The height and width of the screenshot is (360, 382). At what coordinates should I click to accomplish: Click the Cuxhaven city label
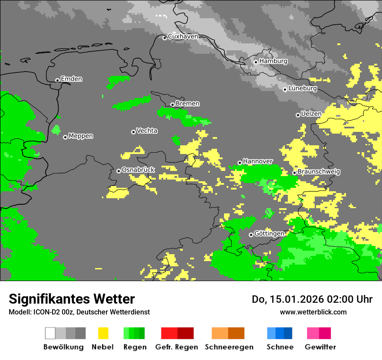pyautogui.click(x=183, y=37)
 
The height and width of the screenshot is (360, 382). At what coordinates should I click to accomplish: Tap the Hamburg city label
pyautogui.click(x=273, y=61)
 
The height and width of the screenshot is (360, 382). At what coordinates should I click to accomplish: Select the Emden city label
pyautogui.click(x=71, y=79)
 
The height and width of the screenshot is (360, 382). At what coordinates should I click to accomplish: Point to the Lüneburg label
pyautogui.click(x=302, y=88)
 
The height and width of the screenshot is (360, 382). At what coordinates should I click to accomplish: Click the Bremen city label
pyautogui.click(x=188, y=104)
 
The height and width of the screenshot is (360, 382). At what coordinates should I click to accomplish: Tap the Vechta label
pyautogui.click(x=147, y=131)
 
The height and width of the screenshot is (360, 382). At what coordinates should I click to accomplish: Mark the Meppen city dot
pyautogui.click(x=65, y=137)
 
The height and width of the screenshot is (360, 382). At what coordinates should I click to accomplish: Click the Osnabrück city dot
pyautogui.click(x=119, y=171)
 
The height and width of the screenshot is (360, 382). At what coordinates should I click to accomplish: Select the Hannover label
pyautogui.click(x=257, y=161)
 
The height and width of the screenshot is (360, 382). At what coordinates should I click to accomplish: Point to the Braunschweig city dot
pyautogui.click(x=294, y=173)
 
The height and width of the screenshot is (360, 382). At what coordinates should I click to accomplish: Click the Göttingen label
pyautogui.click(x=269, y=234)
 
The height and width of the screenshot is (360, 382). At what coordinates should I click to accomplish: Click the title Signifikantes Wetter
pyautogui.click(x=72, y=299)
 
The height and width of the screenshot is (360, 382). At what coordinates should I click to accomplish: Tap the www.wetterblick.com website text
pyautogui.click(x=313, y=312)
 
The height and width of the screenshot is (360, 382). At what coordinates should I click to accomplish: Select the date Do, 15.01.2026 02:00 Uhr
pyautogui.click(x=312, y=299)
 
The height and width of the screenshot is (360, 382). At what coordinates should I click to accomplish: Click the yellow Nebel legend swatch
pyautogui.click(x=103, y=333)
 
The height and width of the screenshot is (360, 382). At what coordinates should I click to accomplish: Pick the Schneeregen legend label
pyautogui.click(x=229, y=347)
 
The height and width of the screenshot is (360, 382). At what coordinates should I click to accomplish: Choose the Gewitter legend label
pyautogui.click(x=320, y=347)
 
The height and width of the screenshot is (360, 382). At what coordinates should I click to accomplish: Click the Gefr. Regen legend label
pyautogui.click(x=177, y=347)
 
